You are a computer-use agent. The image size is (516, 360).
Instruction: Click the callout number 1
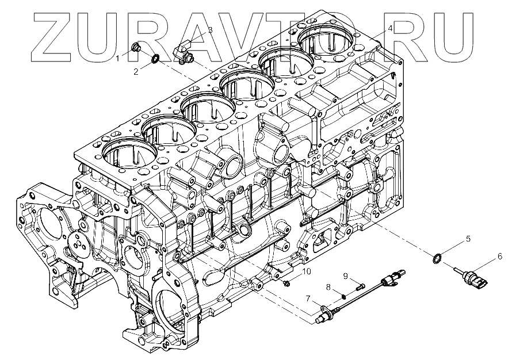coord(117,58)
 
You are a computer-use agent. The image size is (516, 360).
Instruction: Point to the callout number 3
coord(210,29)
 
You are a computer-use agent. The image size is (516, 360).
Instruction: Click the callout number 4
coord(390,28)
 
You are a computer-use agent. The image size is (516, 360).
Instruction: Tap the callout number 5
coord(468,238)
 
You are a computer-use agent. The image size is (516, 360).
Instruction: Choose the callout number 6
coord(499,256)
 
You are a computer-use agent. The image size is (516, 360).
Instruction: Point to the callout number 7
coord(308,297)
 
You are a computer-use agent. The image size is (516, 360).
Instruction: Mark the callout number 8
coord(328,287)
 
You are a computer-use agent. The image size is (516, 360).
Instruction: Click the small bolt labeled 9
coord(360,284)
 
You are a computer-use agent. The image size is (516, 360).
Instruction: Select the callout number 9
coord(346,275)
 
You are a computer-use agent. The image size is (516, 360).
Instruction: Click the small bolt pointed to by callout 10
coord(286,283)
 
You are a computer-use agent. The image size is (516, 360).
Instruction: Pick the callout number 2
coord(136,71)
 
